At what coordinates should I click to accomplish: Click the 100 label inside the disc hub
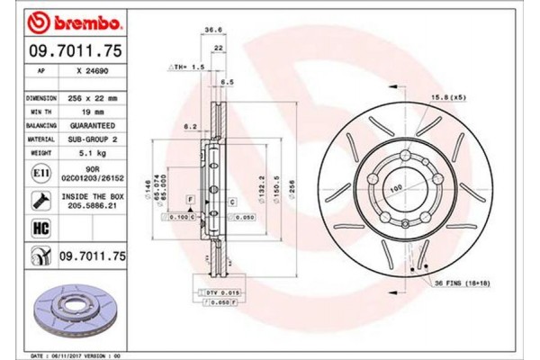[x=393, y=188]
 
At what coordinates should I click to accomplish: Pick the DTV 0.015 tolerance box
[x=217, y=294]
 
